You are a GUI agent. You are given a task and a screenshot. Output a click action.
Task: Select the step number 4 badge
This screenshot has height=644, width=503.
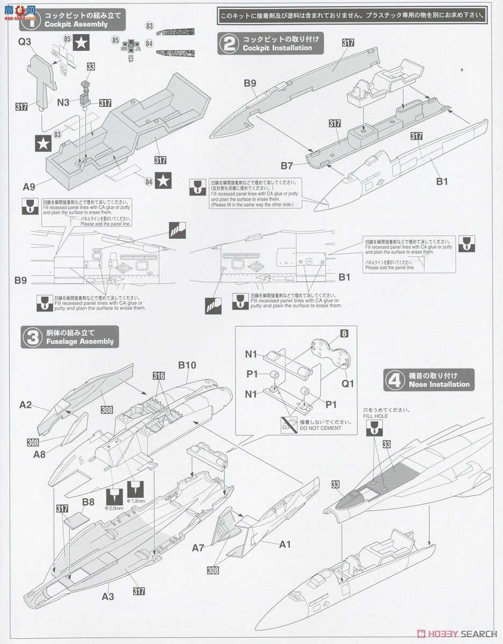coord(395,380)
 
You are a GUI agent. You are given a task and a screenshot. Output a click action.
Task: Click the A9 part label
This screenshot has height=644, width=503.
coord(30,187)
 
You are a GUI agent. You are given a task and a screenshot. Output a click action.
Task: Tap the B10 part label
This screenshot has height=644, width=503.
coord(187,365)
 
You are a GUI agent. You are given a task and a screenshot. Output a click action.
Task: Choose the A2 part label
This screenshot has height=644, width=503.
coord(26,405)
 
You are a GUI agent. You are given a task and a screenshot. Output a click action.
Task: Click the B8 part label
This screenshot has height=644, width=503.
coord(89,503)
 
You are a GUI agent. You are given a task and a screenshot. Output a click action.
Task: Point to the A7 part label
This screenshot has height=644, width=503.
coord(199,548)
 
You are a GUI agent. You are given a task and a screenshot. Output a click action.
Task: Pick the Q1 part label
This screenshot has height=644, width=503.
coord(348,384)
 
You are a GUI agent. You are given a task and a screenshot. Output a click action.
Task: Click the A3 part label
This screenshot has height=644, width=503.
coord(109,596)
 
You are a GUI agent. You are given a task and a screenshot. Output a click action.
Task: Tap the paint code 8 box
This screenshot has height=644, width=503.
coord(344,333)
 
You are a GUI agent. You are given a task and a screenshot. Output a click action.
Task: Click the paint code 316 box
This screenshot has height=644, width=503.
coord(158,376)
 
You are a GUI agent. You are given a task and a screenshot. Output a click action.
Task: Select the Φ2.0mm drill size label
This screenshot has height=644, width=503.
coord(114,508)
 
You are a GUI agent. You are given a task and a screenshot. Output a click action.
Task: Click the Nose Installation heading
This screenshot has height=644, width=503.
coord(439,384)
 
